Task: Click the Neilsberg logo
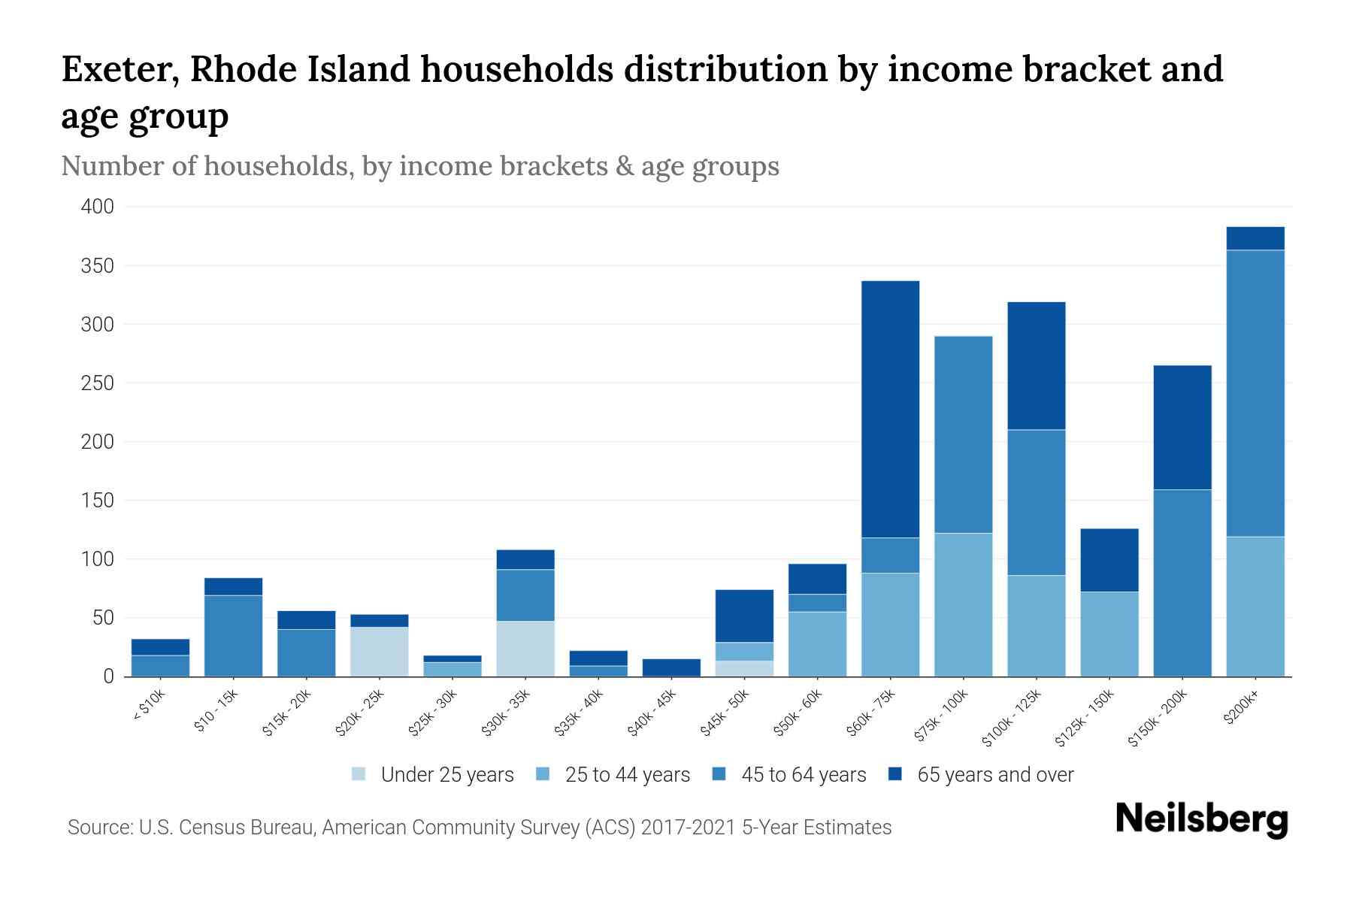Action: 1201,819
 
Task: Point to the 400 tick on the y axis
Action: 98,207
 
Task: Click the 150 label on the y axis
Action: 98,501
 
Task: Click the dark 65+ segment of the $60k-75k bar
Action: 890,410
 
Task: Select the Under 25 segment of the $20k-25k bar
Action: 380,652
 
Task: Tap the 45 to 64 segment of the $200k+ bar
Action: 1255,393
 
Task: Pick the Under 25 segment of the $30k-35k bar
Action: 525,649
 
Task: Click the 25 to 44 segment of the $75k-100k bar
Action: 963,605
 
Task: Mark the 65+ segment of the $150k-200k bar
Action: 1182,427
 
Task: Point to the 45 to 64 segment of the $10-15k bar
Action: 233,636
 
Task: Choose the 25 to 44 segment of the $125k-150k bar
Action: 1109,634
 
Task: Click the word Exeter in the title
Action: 120,69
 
